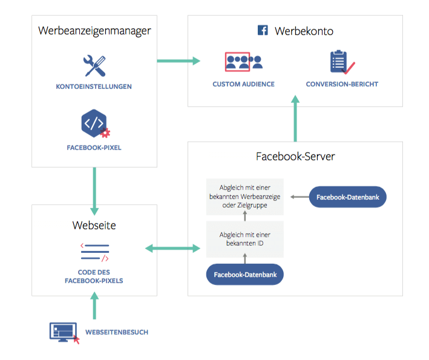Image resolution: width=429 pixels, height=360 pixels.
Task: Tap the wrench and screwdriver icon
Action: click(x=94, y=66)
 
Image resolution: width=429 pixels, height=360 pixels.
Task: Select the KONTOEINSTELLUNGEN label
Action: click(x=94, y=87)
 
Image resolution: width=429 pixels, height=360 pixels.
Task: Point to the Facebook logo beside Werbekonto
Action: click(x=263, y=30)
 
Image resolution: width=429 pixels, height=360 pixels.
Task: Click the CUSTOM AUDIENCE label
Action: click(x=243, y=84)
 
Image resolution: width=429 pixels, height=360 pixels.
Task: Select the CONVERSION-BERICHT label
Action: click(x=342, y=84)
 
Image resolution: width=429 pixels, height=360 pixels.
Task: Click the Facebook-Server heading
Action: click(x=295, y=157)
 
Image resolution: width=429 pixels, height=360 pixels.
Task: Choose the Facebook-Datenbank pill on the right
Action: click(x=347, y=197)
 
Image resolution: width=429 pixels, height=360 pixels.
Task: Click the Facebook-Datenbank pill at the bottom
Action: click(x=245, y=275)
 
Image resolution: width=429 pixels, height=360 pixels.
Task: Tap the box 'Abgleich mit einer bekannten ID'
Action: click(x=245, y=239)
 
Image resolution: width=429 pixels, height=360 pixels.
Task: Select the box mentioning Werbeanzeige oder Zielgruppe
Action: click(x=245, y=197)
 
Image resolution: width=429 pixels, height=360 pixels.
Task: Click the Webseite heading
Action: click(x=94, y=226)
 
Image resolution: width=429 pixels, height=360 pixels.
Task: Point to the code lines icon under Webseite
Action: click(x=94, y=251)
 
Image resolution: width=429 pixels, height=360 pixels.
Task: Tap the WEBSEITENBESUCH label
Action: click(x=117, y=332)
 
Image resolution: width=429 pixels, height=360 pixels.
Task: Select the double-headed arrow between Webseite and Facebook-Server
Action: click(x=172, y=248)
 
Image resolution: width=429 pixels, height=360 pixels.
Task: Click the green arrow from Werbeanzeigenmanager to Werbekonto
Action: click(x=178, y=61)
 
